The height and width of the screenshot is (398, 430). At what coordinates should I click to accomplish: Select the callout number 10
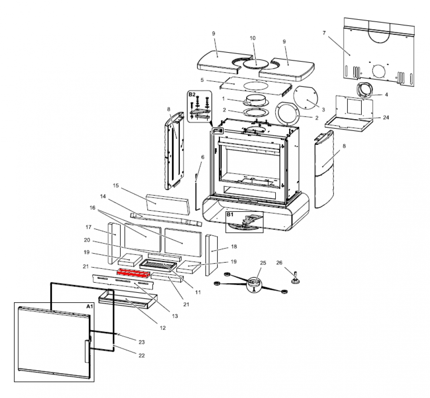pos(253,38)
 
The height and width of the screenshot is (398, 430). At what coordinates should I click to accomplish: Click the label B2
pos(192,94)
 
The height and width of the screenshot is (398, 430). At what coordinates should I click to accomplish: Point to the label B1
pos(230,215)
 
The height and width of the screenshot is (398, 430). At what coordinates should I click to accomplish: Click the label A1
pos(89,307)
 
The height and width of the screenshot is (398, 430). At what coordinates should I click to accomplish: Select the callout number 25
pos(262,263)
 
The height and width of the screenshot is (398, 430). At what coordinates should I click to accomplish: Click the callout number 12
pos(163,328)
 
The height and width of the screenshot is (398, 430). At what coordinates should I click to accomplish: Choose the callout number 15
pos(116,186)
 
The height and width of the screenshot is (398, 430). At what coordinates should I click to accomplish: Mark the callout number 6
pos(202,157)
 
